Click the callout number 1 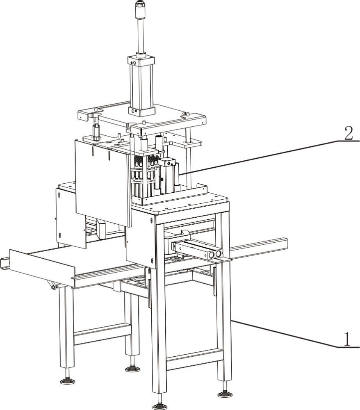tap(346, 339)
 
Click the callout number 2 tap(349, 133)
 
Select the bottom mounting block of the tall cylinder tap(141, 111)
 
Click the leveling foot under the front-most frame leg tap(160, 406)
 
